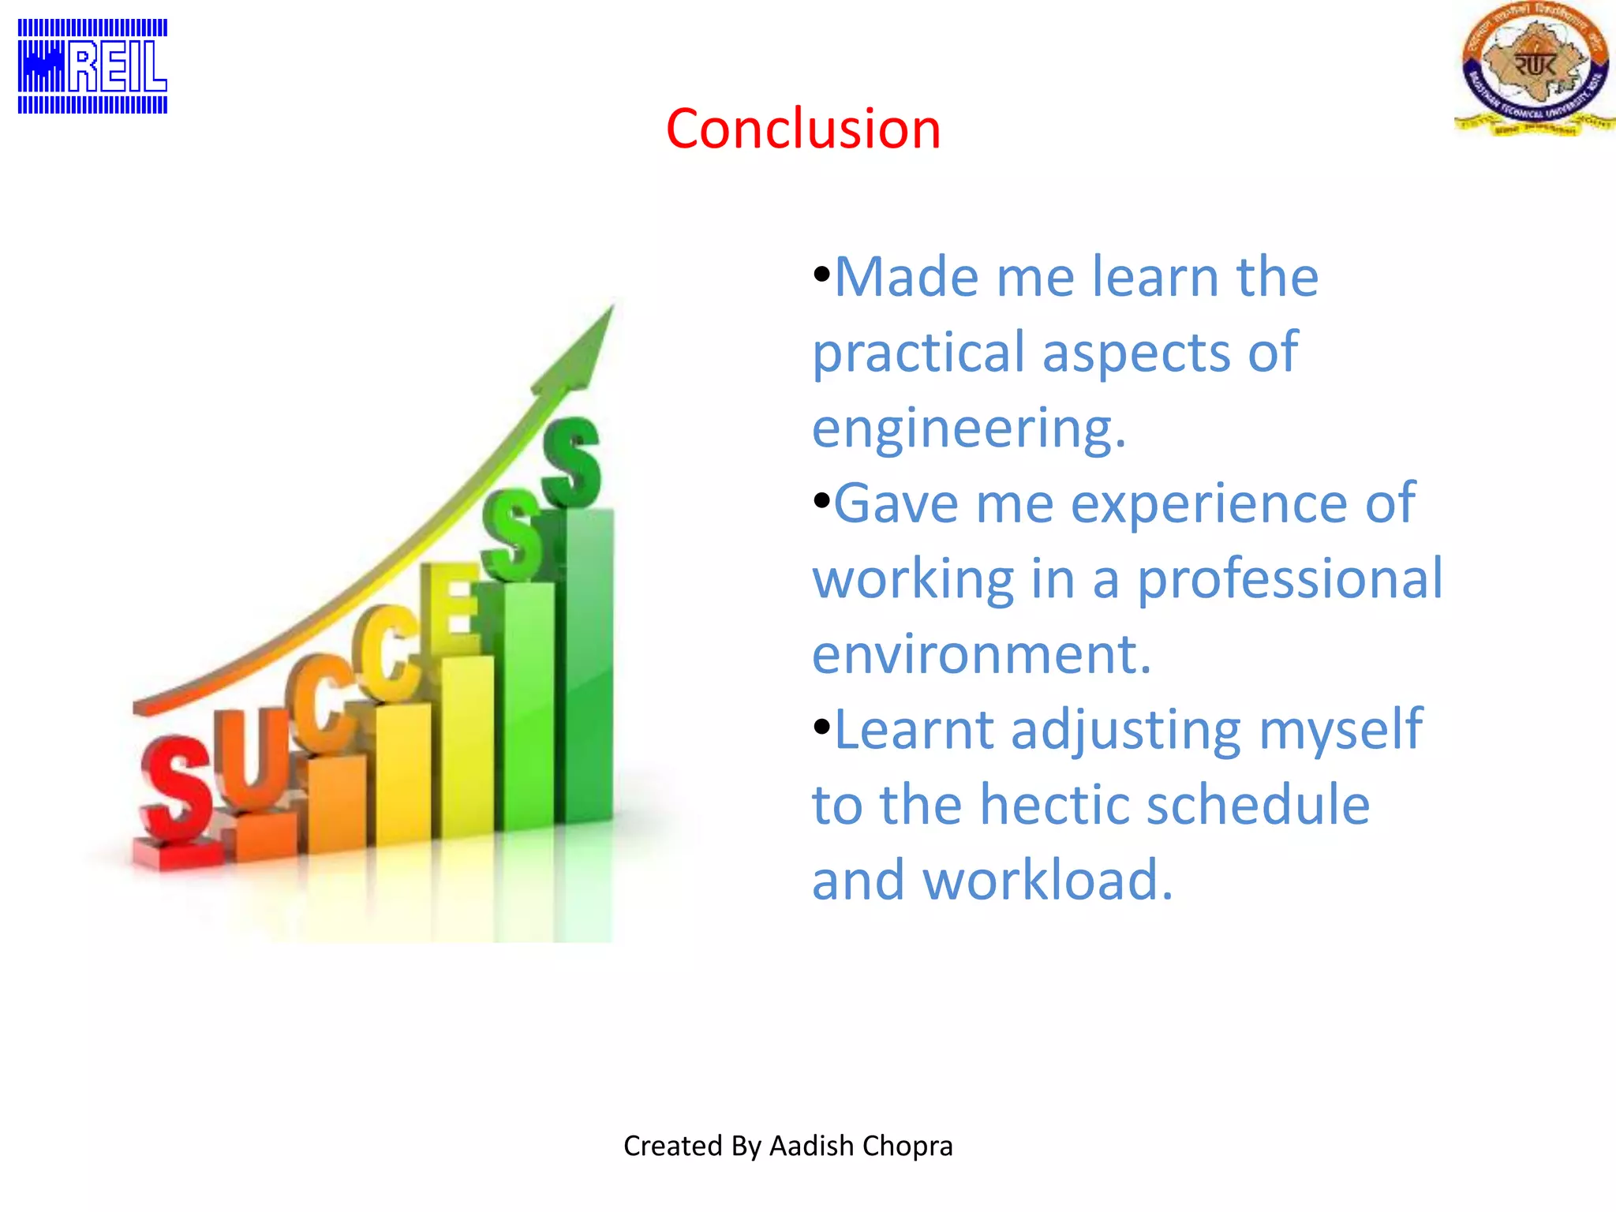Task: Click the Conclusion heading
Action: click(803, 129)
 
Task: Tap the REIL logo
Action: click(92, 67)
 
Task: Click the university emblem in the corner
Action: click(1534, 69)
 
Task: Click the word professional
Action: click(1289, 578)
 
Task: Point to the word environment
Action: click(981, 654)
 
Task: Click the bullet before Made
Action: click(821, 275)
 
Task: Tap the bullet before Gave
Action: click(821, 501)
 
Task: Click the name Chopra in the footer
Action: click(908, 1146)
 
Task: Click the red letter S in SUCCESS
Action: click(177, 789)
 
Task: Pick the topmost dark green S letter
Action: click(571, 462)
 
